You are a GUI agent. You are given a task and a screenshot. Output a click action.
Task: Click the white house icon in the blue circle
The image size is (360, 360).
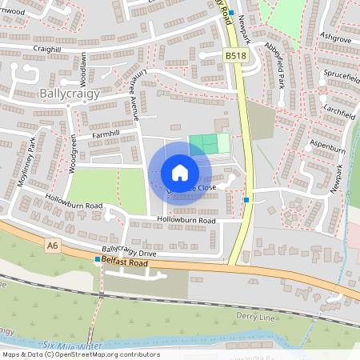point(180,172)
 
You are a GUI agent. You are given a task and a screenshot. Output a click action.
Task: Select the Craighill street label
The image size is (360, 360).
point(49,49)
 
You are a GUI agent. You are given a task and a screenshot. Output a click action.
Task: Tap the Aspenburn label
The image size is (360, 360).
point(328,149)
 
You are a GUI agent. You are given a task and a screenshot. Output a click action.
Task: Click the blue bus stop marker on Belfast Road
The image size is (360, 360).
point(98,260)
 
